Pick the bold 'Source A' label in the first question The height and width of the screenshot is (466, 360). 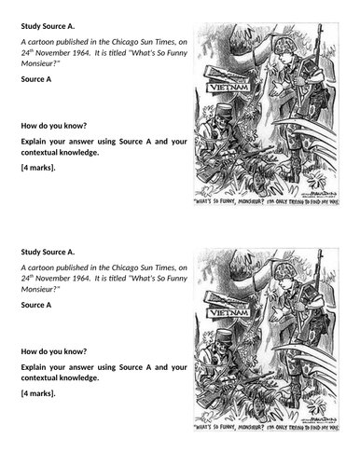tap(35, 82)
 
